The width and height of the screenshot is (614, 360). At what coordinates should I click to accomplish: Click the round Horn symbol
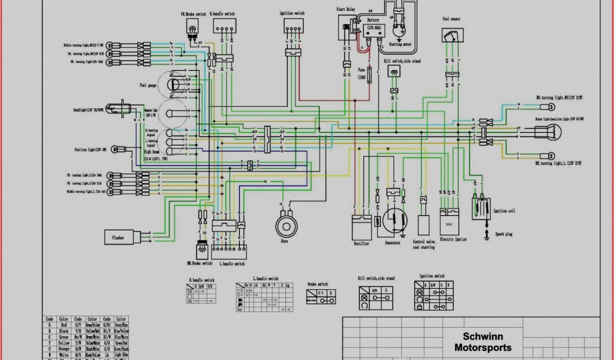click(x=287, y=225)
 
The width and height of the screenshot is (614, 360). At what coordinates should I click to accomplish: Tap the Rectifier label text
click(x=362, y=243)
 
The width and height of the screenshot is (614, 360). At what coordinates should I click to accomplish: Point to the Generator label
click(x=393, y=243)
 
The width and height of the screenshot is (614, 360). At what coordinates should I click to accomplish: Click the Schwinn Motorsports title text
click(x=483, y=342)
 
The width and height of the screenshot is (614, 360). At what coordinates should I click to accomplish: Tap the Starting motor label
click(x=399, y=44)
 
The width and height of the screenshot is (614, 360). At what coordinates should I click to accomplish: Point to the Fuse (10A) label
click(x=361, y=74)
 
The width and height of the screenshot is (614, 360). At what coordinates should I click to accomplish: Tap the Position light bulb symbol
click(x=122, y=149)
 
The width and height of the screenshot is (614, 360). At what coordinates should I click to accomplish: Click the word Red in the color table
click(x=63, y=325)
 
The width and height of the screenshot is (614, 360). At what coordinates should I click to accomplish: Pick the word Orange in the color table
click(x=64, y=349)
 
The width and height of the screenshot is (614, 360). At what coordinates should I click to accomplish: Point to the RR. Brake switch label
click(x=199, y=263)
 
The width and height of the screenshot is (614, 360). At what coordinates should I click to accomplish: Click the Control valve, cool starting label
click(x=423, y=244)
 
